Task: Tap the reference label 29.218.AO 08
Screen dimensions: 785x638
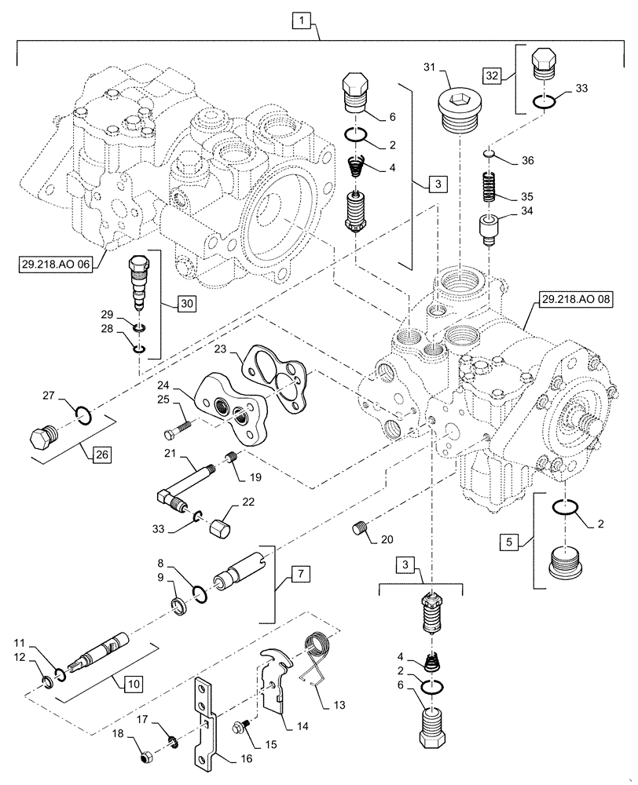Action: coord(573,299)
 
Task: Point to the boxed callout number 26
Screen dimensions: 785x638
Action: coord(100,455)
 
